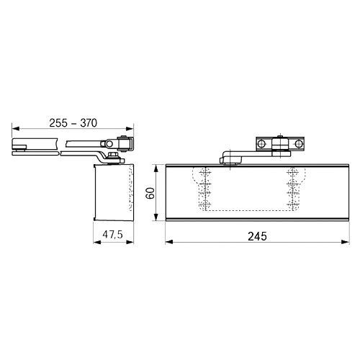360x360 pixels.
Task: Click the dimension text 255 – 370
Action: point(73,123)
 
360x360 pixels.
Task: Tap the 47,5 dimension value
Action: point(113,235)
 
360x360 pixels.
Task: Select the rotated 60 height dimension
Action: point(150,193)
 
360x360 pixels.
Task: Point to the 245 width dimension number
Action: point(257,236)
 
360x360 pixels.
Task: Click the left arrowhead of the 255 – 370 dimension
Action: point(16,129)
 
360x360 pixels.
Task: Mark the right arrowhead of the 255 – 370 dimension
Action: point(130,129)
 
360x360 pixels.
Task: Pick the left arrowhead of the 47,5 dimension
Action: point(97,242)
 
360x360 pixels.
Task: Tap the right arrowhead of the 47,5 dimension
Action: point(130,242)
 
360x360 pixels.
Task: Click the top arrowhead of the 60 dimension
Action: point(156,168)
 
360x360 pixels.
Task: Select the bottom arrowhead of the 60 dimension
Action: point(156,217)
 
